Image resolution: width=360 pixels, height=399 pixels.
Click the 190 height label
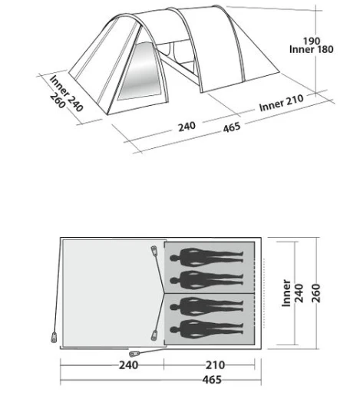[x=312, y=41]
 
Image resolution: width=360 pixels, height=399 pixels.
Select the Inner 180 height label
[x=312, y=49]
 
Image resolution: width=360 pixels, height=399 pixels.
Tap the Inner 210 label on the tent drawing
[x=282, y=103]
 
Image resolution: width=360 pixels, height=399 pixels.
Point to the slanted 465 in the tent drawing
[x=232, y=127]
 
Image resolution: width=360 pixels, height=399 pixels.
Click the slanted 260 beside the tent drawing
[x=58, y=101]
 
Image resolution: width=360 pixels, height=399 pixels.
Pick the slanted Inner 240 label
[x=67, y=94]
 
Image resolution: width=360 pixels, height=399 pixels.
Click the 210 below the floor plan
[x=215, y=365]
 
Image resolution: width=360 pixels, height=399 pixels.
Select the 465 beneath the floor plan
[x=212, y=380]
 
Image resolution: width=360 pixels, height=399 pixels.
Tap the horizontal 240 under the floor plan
[x=128, y=365]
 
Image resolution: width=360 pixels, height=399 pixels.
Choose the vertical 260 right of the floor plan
[x=316, y=293]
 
